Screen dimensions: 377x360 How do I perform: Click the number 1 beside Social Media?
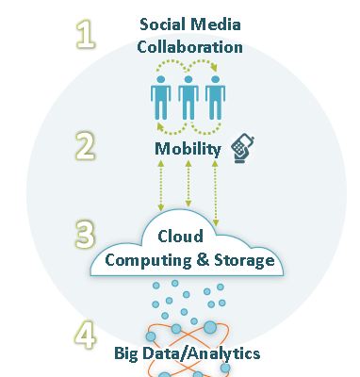tap(87, 37)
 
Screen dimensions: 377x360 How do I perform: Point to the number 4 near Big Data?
tap(87, 336)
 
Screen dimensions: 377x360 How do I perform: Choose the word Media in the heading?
tap(218, 24)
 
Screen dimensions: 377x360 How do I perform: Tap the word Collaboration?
tap(189, 45)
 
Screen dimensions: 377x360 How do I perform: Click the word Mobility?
tap(188, 149)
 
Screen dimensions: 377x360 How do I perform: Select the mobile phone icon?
tap(242, 145)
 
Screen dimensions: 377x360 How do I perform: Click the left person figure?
tap(160, 98)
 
